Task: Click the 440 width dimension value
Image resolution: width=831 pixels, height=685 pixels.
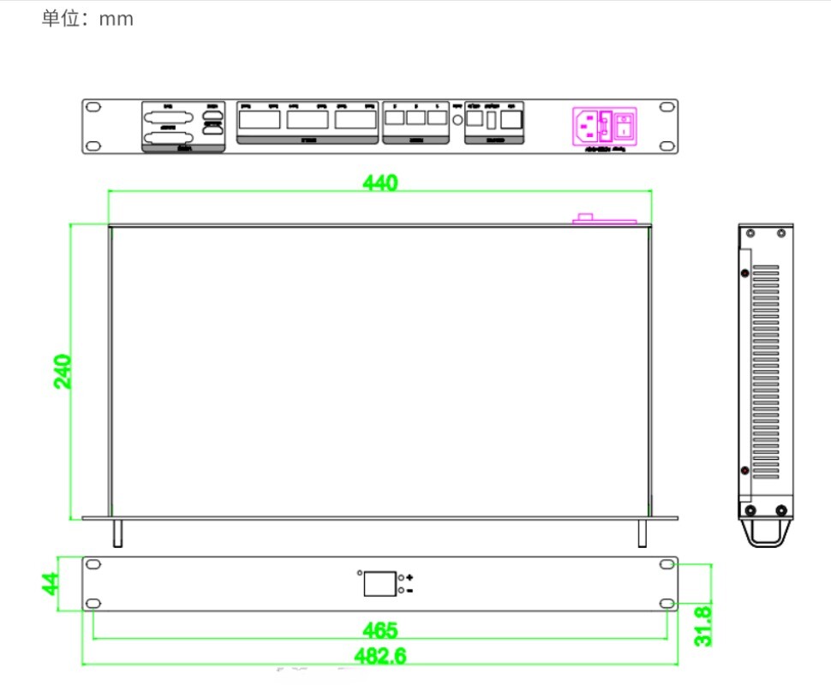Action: [x=380, y=182]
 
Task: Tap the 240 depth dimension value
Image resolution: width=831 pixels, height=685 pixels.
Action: [x=63, y=371]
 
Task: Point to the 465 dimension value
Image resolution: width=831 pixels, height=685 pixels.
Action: [x=380, y=630]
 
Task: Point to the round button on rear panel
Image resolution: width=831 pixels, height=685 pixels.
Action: [x=457, y=121]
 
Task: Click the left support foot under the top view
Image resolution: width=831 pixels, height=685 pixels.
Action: [x=117, y=533]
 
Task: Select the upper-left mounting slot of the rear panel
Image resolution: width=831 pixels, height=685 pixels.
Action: [x=93, y=108]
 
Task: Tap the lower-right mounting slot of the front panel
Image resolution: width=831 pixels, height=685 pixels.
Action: [x=666, y=604]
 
